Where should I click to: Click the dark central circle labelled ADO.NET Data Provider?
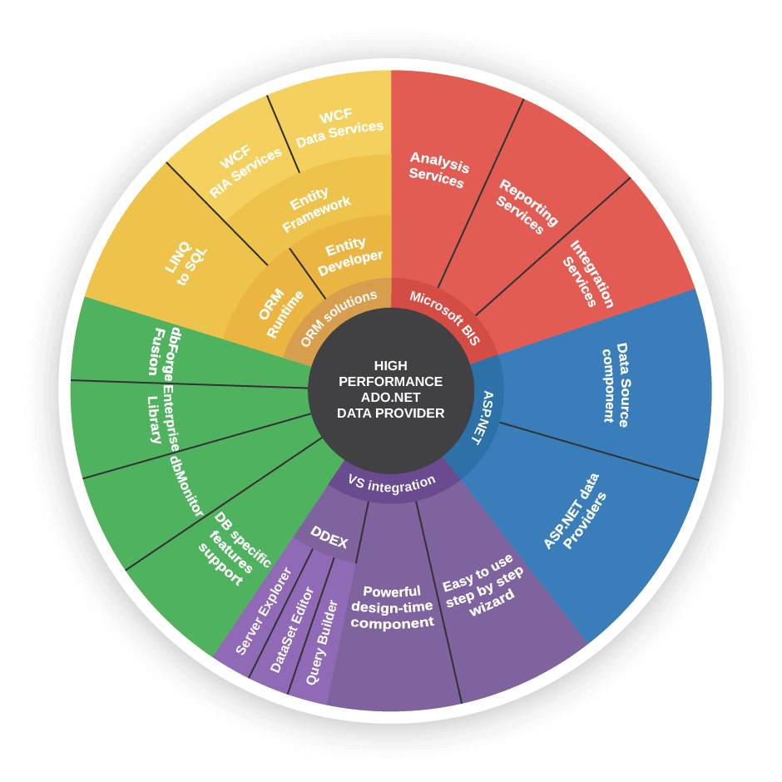(391, 389)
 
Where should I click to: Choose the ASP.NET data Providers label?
(574, 511)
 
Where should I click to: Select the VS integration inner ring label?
(391, 483)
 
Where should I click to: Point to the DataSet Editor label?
(292, 630)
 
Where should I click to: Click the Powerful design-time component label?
(392, 607)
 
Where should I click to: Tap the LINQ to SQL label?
(188, 265)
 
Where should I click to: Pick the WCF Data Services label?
(339, 128)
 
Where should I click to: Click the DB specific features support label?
(234, 548)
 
